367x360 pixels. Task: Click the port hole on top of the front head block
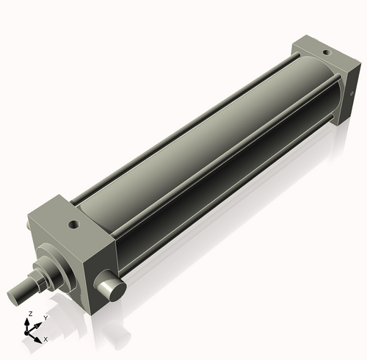(73, 224)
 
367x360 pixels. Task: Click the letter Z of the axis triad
(29, 314)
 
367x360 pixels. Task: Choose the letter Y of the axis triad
(46, 318)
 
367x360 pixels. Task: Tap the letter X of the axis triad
(46, 339)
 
